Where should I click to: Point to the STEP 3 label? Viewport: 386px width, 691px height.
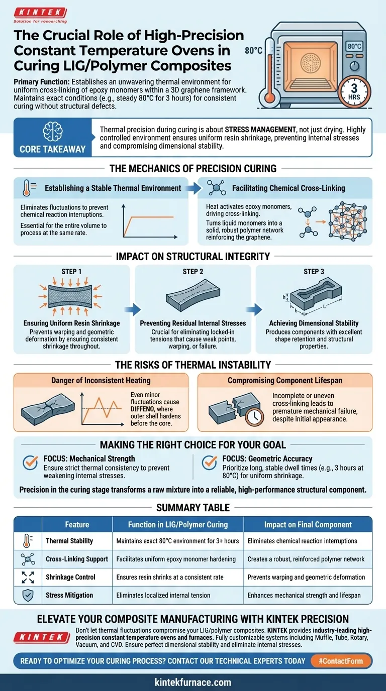point(314,272)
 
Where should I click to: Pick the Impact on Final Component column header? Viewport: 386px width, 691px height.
point(308,525)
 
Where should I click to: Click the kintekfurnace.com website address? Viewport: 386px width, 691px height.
point(193,682)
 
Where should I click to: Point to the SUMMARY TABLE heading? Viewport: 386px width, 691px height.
point(193,507)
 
